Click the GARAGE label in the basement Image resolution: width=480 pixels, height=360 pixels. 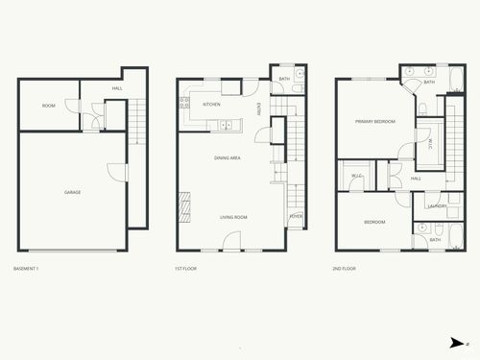click(72, 193)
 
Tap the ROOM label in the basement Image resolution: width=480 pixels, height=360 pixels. click(48, 106)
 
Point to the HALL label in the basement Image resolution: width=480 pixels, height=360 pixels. click(117, 88)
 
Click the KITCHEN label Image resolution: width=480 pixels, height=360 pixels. click(211, 105)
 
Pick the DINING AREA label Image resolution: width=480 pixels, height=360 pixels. click(227, 157)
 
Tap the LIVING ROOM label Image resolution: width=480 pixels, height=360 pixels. click(233, 218)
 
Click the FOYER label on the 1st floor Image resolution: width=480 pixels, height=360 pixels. click(296, 218)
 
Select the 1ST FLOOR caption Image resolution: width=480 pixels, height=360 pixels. click(185, 269)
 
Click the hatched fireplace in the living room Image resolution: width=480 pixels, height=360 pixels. click(185, 205)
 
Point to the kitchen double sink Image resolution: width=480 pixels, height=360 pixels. click(228, 124)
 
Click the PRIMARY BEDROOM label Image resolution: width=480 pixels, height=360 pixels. click(374, 122)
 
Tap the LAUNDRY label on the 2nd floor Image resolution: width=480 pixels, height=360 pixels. click(434, 206)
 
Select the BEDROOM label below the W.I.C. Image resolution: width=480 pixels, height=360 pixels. click(374, 223)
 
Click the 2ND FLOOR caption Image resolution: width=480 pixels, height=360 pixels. click(344, 269)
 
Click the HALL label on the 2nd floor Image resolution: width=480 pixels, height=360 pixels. click(416, 179)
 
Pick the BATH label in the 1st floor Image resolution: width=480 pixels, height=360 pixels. click(284, 79)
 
